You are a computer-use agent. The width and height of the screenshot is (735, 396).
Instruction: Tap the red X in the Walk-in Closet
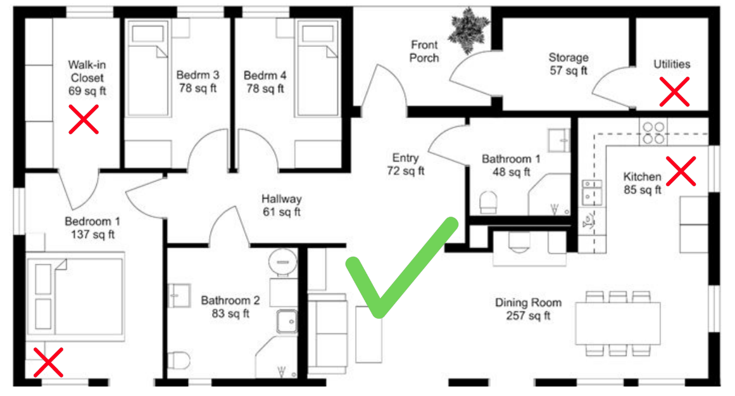84,119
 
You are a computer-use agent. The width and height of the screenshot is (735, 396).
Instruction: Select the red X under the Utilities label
674,92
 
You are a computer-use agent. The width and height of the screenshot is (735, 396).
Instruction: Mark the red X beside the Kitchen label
681,171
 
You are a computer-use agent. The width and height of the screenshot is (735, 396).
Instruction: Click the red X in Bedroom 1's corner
48,362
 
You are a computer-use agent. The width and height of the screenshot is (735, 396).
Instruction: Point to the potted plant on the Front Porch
468,30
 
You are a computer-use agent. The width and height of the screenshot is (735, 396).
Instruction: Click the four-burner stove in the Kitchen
653,132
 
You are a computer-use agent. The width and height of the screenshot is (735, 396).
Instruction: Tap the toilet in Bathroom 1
488,202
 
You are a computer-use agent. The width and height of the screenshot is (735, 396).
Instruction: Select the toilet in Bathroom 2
178,361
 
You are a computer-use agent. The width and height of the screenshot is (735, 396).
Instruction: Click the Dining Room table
618,323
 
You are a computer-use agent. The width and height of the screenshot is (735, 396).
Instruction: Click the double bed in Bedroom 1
75,297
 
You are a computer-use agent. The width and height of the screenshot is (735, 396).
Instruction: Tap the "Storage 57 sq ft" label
569,64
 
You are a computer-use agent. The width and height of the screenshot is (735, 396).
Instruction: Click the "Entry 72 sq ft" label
405,164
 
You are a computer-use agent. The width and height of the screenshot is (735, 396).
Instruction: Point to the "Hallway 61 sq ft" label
281,205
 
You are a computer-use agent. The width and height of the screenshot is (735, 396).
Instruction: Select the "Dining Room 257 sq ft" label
528,309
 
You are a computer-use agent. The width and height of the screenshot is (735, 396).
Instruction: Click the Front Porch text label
424,51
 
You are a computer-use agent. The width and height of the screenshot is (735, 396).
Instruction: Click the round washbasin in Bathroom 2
282,261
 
